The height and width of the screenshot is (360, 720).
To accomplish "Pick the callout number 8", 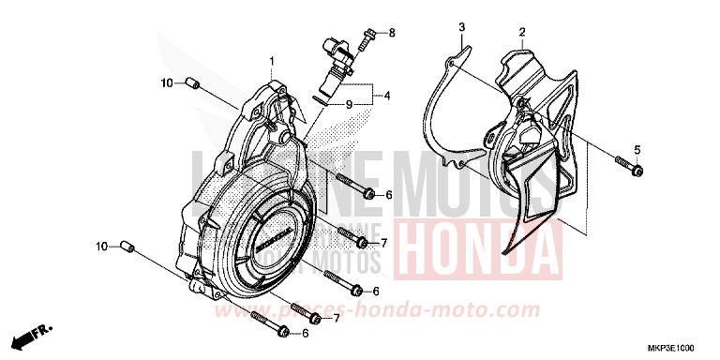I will pos(392,33).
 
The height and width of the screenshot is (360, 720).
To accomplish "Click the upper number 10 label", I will pos(165,83).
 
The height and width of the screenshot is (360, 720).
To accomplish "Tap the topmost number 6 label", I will pos(388,194).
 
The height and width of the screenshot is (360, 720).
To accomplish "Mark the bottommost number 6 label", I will pos(305,333).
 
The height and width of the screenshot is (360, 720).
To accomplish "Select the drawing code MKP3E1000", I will pos(681,346).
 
